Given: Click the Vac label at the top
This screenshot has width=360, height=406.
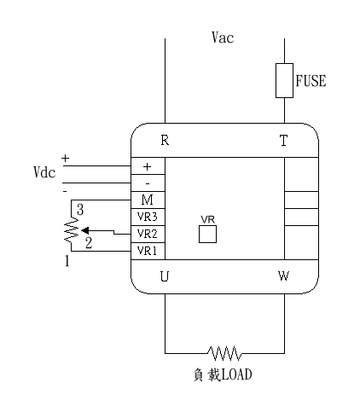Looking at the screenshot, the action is click(x=223, y=38).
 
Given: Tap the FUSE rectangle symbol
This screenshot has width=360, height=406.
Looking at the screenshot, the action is click(x=284, y=80).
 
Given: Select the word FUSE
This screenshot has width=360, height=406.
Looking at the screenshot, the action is click(x=311, y=81).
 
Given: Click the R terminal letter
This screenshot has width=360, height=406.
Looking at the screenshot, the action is click(x=165, y=140).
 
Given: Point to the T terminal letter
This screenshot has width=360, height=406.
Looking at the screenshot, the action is click(x=283, y=141).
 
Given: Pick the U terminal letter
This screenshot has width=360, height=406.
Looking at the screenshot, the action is click(x=165, y=276).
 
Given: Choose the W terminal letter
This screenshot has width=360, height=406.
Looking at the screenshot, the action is click(x=283, y=275).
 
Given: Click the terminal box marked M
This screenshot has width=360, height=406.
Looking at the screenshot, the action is click(x=148, y=200).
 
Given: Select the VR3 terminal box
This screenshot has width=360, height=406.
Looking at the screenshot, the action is click(x=148, y=217).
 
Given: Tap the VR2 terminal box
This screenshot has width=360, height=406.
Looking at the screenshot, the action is click(x=148, y=234).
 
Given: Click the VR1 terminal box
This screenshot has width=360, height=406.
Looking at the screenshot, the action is click(x=148, y=251).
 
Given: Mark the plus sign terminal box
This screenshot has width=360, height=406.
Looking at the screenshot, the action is click(x=148, y=165).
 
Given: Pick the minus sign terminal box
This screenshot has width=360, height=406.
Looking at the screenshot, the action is click(x=148, y=183).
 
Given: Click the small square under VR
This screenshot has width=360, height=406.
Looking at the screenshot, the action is click(x=207, y=234).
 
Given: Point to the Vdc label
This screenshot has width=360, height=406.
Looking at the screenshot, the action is click(x=44, y=172).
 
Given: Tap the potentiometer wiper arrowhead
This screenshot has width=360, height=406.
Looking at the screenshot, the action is click(x=84, y=230).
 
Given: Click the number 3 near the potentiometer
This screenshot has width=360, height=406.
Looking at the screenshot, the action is click(x=80, y=210).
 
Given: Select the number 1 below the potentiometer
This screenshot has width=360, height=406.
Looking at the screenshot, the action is click(x=67, y=260).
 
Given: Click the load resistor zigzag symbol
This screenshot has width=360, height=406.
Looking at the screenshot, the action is click(x=224, y=353).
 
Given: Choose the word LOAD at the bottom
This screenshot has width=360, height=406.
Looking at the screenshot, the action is click(x=236, y=374).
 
